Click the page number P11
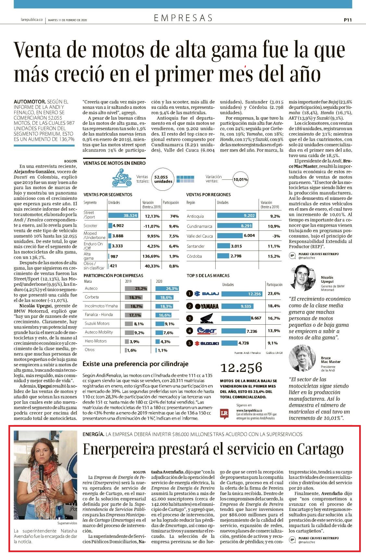pos(347,20)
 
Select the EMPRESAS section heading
pos(183,18)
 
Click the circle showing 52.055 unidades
pos(163,179)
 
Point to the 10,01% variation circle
pos(240,179)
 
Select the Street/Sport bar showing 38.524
pos(123,215)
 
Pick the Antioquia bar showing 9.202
pos(236,215)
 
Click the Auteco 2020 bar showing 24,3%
pos(167,289)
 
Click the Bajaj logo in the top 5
pos(207,294)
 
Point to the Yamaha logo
pos(207,306)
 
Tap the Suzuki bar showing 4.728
pos(229,343)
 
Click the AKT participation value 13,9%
pos(274,330)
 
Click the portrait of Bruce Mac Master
pos(302,358)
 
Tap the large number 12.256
pos(241,368)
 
